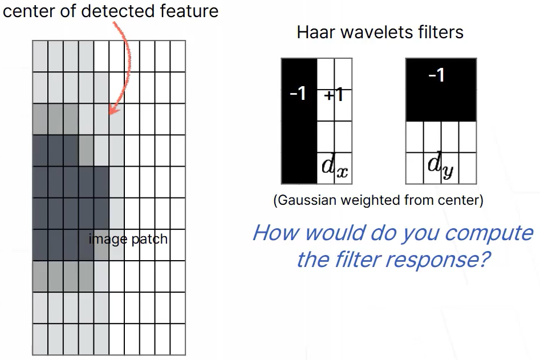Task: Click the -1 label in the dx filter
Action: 298,93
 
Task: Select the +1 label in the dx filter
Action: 334,95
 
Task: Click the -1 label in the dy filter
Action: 436,75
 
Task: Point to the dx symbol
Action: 334,166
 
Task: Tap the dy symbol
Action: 439,166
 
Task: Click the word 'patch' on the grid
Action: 150,238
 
